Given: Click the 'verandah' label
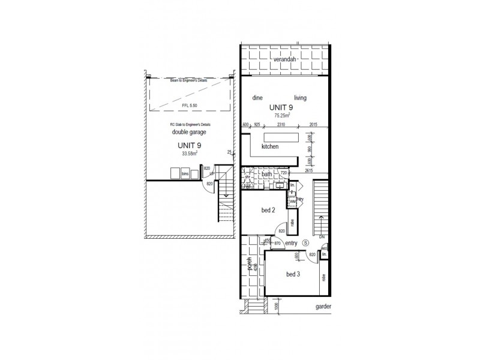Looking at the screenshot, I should click(285, 61).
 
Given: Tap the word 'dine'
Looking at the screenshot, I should click(259, 98).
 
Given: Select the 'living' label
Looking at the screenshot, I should click(301, 98).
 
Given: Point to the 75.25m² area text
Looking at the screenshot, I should click(283, 115).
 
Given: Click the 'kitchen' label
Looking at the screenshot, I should click(270, 146).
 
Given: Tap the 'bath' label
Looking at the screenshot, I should click(268, 175).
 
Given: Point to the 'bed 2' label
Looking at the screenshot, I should click(268, 211).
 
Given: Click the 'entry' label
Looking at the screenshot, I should click(292, 243).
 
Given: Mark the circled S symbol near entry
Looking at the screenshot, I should click(305, 243).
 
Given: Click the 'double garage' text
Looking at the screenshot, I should click(188, 132).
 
